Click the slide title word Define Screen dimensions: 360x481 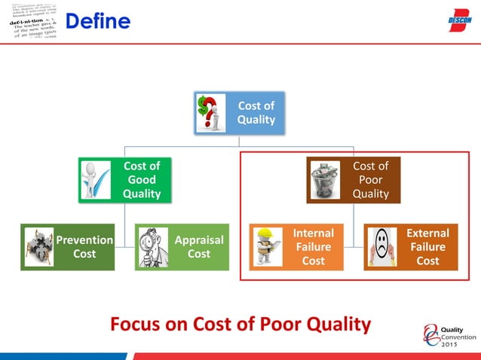pos(97,23)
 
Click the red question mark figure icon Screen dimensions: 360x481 pos(211,113)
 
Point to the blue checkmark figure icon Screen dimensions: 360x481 pos(97,179)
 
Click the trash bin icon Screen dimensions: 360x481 pos(325,178)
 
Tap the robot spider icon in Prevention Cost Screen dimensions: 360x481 pos(38,247)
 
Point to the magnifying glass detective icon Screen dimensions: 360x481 pos(153,247)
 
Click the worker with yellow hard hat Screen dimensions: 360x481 pos(268,247)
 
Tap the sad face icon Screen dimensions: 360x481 pos(382,246)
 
